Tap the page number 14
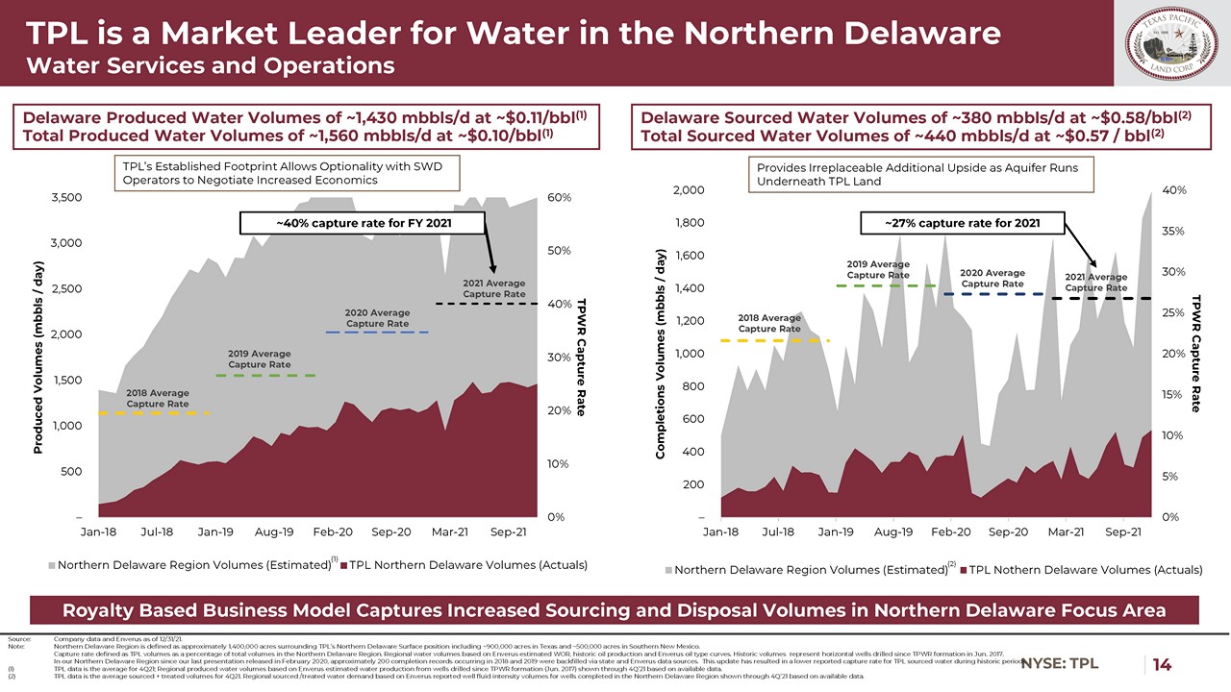[x=1162, y=664]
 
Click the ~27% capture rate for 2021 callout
[x=963, y=224]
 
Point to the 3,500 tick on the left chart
[x=65, y=197]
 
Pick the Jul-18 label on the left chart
[x=157, y=531]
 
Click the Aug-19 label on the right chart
[x=893, y=531]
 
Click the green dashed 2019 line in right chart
[x=886, y=285]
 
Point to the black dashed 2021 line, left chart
[x=485, y=304]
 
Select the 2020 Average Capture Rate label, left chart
[x=378, y=318]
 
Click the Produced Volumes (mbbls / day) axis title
[x=39, y=357]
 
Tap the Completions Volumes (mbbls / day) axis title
[x=662, y=354]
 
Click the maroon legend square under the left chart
[x=343, y=565]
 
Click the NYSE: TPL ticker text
[x=1060, y=664]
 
